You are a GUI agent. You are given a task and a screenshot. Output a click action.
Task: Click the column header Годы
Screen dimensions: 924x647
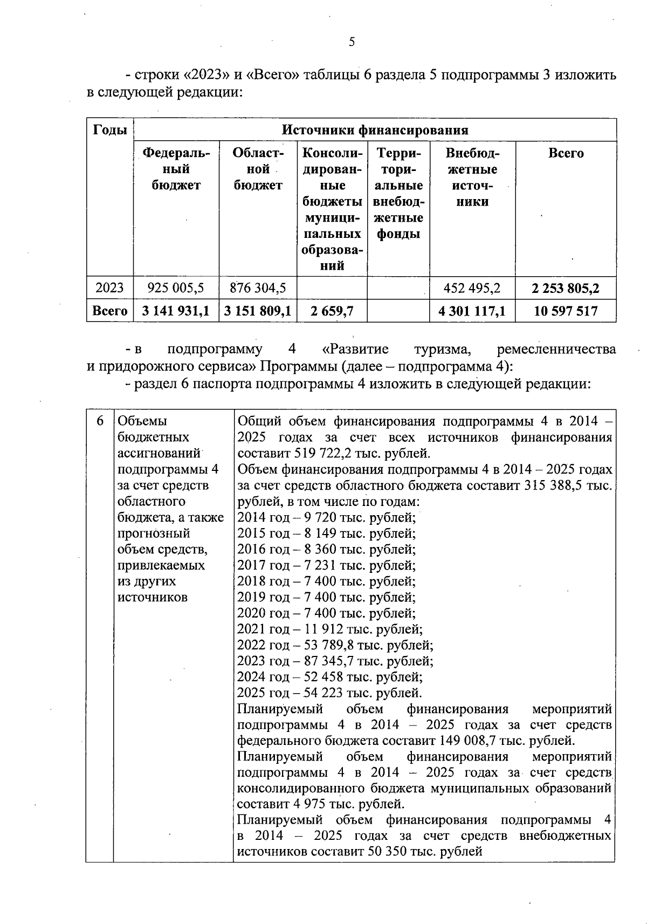point(110,130)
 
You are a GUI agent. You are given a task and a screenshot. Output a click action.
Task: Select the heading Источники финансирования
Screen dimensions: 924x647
point(375,130)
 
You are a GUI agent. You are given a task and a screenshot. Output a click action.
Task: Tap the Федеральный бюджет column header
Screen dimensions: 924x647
point(176,169)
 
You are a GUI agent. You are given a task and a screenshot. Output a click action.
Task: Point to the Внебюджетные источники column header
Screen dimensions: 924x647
point(472,177)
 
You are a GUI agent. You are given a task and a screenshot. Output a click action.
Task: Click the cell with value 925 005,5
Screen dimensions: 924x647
point(176,288)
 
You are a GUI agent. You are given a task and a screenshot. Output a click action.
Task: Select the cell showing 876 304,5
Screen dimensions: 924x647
point(258,288)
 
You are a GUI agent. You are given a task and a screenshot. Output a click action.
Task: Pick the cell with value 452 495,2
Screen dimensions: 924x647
point(472,288)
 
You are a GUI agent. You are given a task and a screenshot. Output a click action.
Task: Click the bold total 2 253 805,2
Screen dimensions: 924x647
point(566,288)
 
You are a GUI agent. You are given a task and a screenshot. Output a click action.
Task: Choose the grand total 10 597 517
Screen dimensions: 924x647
point(566,311)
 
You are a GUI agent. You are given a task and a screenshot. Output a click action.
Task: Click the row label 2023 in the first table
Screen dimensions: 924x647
point(110,288)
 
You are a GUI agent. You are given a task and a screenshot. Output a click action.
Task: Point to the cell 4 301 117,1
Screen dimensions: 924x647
point(472,311)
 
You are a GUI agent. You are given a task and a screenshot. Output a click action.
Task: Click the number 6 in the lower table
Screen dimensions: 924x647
point(100,421)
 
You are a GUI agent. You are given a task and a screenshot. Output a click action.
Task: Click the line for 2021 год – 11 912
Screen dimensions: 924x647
point(329,629)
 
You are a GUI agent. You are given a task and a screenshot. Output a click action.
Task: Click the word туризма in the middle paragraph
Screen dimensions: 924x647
point(443,350)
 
